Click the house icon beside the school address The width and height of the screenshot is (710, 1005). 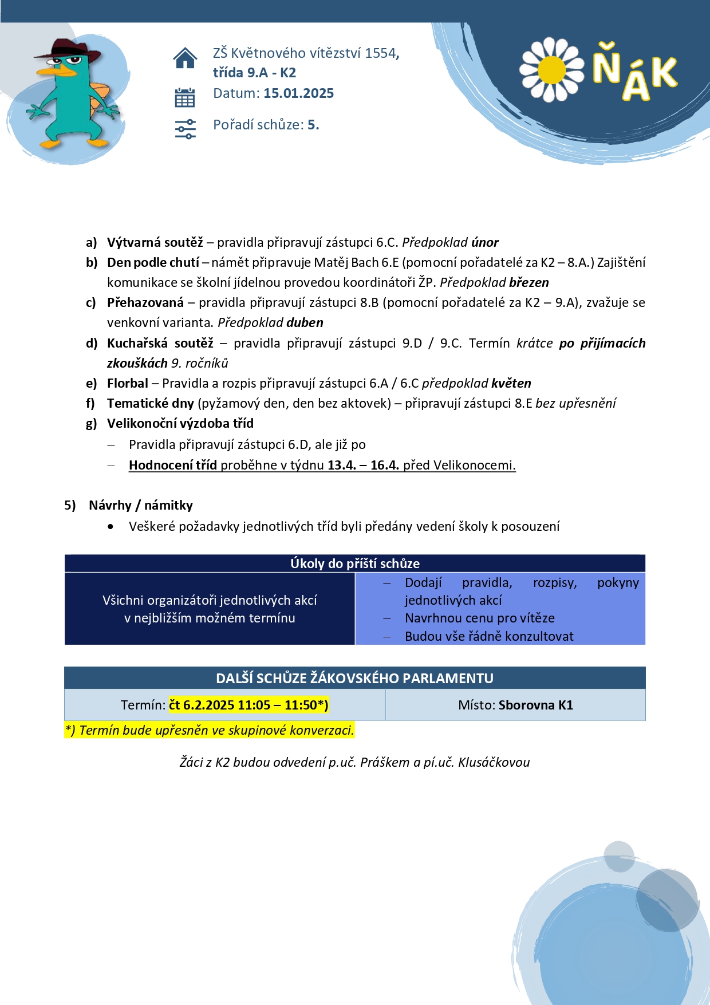(x=185, y=58)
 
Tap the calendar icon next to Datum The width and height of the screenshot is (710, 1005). (x=185, y=98)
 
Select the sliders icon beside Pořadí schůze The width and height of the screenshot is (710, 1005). (x=185, y=129)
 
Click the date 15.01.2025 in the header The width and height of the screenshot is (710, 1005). (x=298, y=93)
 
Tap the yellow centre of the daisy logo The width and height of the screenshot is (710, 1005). (x=551, y=69)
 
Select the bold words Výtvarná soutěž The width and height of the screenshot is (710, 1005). (x=155, y=242)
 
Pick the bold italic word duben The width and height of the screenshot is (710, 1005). (x=305, y=322)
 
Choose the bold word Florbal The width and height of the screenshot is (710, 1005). (x=127, y=383)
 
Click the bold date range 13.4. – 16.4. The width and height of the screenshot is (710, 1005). (x=363, y=465)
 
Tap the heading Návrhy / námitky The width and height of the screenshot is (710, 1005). (x=140, y=505)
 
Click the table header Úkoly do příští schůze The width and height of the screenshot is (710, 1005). (x=354, y=563)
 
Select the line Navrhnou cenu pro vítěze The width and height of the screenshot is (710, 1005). (x=479, y=618)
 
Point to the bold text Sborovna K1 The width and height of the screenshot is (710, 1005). (x=535, y=705)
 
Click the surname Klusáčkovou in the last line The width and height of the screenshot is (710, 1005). (x=494, y=762)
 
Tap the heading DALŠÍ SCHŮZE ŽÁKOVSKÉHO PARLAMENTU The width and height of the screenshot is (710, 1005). (x=354, y=678)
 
